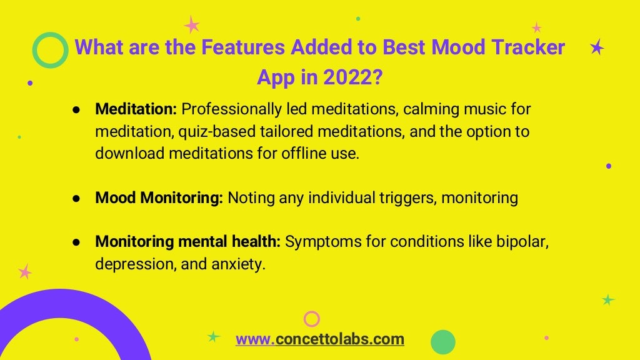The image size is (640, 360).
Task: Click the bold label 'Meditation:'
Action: (x=136, y=109)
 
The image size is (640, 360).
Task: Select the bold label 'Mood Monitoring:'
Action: (x=159, y=198)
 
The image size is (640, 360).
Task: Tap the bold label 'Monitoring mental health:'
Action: (x=187, y=242)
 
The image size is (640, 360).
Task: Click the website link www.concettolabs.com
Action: (x=319, y=339)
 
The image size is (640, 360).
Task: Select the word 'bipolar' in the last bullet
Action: (x=524, y=242)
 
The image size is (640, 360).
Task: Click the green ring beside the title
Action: (x=50, y=50)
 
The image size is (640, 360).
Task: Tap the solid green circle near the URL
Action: (x=443, y=342)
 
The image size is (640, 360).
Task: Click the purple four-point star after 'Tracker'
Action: (x=597, y=47)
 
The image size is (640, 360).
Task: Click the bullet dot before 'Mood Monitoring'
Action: (x=76, y=198)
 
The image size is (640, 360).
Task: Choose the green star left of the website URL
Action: (x=214, y=337)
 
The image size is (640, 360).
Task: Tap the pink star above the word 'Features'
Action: (x=192, y=25)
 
